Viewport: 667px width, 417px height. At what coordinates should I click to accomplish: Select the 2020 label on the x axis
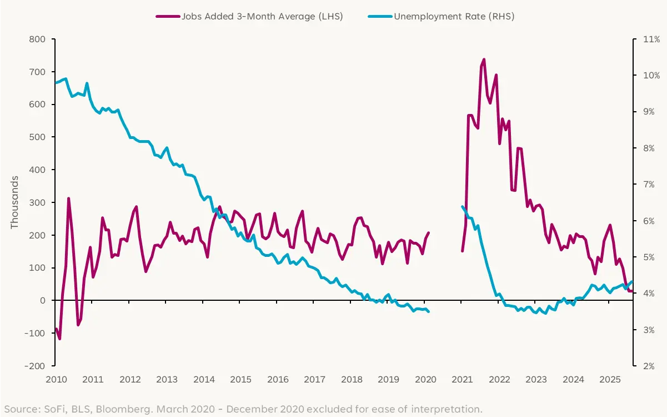click(x=425, y=380)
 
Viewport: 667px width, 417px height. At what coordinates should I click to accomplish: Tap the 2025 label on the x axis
click(x=610, y=380)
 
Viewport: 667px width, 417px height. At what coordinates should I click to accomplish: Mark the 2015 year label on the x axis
click(x=240, y=380)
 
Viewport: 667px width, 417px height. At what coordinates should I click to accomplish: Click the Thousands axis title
click(x=14, y=202)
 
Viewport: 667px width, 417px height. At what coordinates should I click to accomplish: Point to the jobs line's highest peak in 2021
click(x=484, y=59)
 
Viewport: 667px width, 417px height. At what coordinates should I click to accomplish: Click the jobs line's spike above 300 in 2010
click(x=68, y=198)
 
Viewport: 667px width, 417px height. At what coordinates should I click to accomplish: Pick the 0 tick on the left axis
click(x=42, y=301)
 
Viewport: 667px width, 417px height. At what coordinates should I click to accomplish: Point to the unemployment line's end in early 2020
click(x=429, y=312)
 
